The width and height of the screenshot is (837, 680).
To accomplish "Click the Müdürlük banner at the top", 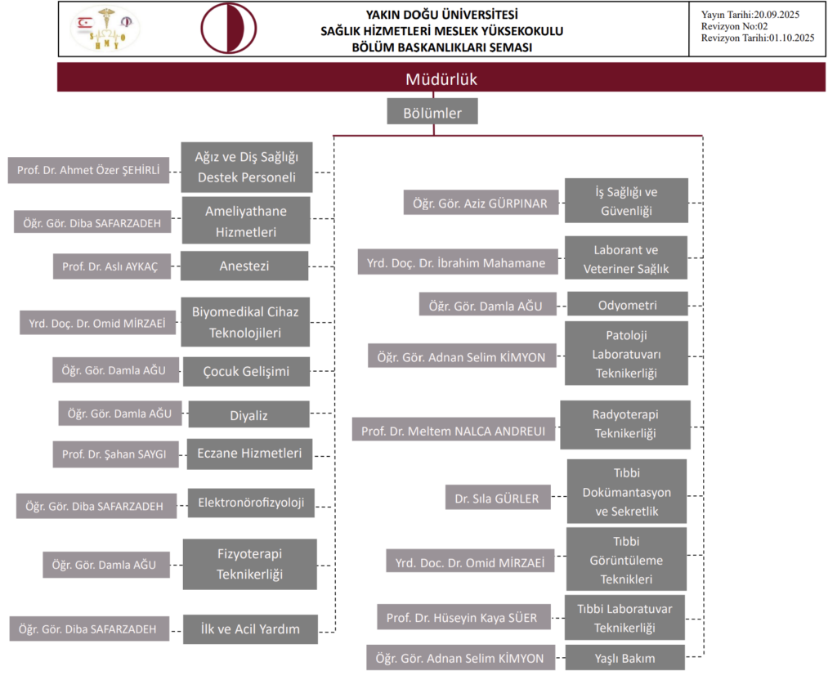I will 441,78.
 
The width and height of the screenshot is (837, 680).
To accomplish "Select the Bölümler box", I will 432,112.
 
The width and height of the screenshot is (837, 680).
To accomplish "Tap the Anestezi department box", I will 244,266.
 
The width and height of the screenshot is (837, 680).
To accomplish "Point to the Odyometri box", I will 627,305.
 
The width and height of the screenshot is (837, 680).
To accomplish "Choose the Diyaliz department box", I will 248,415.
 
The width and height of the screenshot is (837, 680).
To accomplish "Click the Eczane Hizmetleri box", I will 249,454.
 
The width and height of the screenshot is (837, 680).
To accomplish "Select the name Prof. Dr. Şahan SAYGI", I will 115,454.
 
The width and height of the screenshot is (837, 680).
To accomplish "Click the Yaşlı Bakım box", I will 625,657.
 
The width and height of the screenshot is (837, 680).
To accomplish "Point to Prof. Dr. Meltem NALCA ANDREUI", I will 453,429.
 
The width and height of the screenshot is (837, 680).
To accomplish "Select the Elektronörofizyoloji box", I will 251,503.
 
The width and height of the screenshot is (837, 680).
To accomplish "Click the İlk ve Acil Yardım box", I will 250,629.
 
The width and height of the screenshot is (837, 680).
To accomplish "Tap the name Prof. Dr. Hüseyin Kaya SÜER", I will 462,618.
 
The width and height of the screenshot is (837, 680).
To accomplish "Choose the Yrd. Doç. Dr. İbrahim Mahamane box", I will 457,262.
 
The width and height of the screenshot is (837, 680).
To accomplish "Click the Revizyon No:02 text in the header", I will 730,26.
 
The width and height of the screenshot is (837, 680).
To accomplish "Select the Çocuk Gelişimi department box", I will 246,371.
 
